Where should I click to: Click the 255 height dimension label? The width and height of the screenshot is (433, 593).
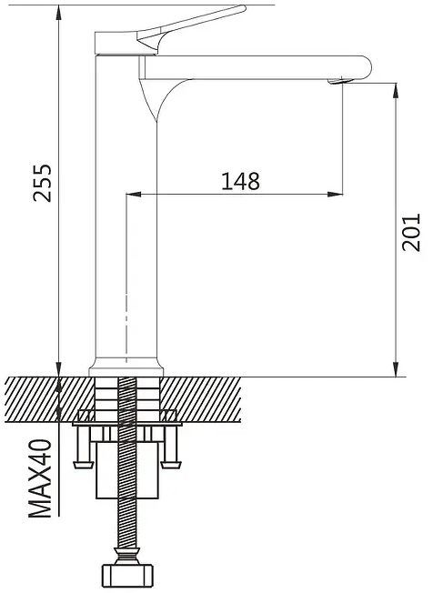[x=42, y=183]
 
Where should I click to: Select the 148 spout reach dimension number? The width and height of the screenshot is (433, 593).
[x=240, y=181]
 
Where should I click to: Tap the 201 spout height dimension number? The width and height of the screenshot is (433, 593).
[x=411, y=232]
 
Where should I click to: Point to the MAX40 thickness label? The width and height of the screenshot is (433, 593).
[x=40, y=478]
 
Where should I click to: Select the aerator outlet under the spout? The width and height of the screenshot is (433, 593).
[x=341, y=81]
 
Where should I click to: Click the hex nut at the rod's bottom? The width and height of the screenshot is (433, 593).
[x=127, y=576]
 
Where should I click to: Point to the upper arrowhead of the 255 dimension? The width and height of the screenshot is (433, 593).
[x=58, y=14]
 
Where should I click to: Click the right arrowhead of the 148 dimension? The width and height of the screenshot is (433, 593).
[x=336, y=195]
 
